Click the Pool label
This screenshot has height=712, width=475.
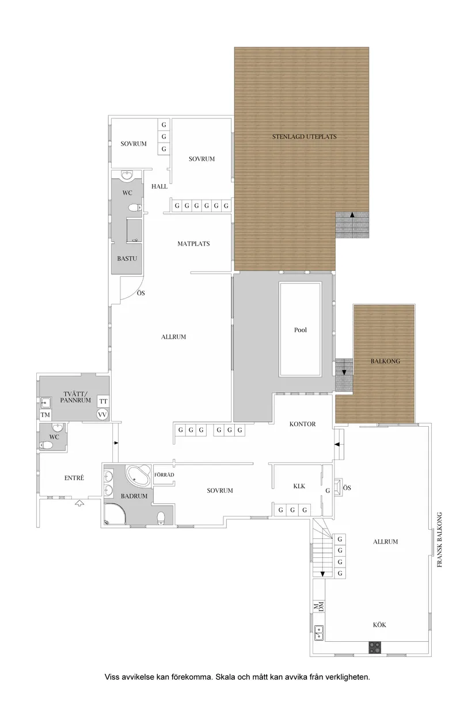click(x=301, y=330)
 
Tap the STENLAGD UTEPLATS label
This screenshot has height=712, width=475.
click(x=304, y=137)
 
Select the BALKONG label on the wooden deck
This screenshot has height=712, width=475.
click(x=385, y=361)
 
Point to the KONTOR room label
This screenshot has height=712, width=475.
click(x=303, y=424)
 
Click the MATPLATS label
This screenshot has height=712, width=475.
click(x=193, y=244)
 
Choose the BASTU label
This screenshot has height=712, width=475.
click(x=127, y=258)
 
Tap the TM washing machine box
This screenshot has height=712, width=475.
click(x=45, y=415)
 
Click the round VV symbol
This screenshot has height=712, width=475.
click(x=102, y=415)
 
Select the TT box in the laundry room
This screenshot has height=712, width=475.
click(x=104, y=401)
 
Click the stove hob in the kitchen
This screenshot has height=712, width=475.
click(x=375, y=648)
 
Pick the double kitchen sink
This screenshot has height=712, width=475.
click(x=319, y=633)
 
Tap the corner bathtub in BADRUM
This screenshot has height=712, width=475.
click(x=138, y=475)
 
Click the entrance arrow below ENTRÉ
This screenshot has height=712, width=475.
click(x=79, y=503)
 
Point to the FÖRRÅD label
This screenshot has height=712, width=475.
click(x=164, y=475)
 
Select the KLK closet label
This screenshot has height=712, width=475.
click(x=299, y=486)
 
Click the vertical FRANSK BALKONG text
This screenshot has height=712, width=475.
click(x=440, y=540)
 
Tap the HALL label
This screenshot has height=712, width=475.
click(x=159, y=186)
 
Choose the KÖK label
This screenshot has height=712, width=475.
click(x=379, y=625)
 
